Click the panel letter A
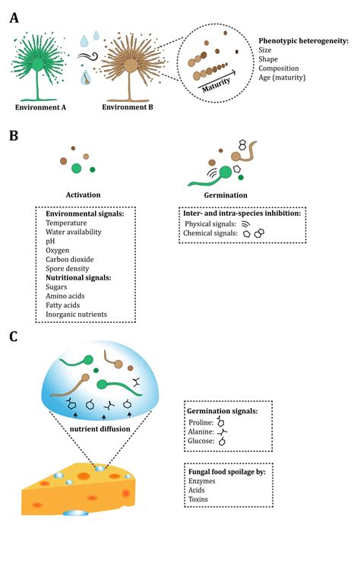14,16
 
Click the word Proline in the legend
201,420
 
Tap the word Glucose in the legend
201,441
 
